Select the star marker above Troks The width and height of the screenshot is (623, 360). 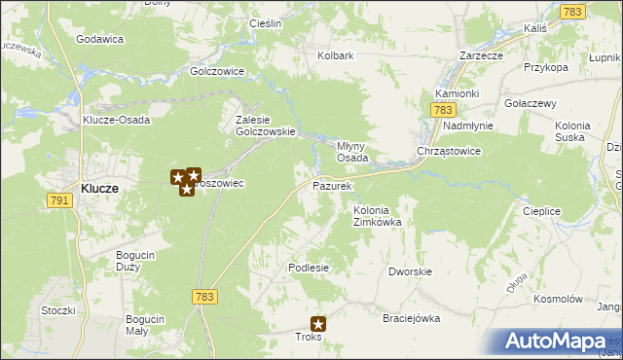point(318,324)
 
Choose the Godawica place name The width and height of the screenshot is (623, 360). point(100,39)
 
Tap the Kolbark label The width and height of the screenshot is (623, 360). point(335,55)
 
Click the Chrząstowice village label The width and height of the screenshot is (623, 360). point(449,152)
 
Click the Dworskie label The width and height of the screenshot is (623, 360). point(409,272)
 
